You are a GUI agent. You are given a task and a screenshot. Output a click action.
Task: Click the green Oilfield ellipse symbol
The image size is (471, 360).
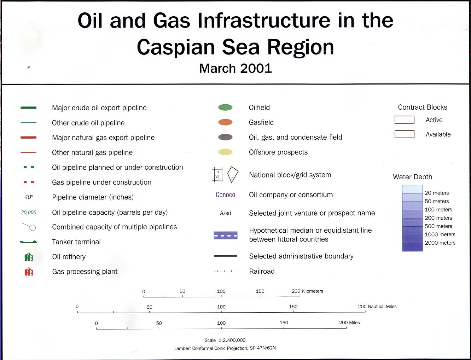(225, 107)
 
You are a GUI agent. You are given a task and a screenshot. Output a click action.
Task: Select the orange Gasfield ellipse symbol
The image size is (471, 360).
(225, 122)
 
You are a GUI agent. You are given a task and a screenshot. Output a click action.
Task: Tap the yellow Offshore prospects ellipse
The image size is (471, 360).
(225, 152)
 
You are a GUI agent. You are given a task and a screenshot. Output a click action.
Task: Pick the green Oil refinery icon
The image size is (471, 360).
(29, 257)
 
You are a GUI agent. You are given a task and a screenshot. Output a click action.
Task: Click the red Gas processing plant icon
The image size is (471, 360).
(29, 272)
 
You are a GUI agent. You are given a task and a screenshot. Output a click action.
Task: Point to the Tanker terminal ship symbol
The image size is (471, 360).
(29, 242)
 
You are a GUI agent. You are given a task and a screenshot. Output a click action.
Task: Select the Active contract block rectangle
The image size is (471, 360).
(405, 120)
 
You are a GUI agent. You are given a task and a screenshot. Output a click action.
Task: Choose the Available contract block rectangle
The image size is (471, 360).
(405, 134)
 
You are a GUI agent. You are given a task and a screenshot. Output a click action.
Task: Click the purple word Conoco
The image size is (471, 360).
(225, 194)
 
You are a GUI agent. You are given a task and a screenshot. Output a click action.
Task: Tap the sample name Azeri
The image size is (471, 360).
(226, 213)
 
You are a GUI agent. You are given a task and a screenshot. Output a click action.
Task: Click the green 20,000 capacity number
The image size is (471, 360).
(29, 213)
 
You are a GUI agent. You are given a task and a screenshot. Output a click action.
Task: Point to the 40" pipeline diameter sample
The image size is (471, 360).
(29, 197)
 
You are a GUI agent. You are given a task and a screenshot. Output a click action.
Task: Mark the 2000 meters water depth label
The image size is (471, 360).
(440, 243)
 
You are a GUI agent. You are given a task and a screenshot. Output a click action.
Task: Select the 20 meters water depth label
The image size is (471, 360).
(437, 193)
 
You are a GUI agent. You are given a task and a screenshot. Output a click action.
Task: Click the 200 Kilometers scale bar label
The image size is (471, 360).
(307, 291)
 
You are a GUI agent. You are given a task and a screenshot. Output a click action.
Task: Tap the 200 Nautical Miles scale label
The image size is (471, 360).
(377, 306)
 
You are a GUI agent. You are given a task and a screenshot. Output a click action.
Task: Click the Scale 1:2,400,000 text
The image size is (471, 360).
(225, 340)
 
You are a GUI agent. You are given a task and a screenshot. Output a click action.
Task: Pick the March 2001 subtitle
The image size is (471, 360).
(235, 69)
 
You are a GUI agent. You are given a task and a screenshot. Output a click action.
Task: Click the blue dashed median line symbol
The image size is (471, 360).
(226, 236)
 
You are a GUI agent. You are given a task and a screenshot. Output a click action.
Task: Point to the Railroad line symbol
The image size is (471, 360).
(226, 271)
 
